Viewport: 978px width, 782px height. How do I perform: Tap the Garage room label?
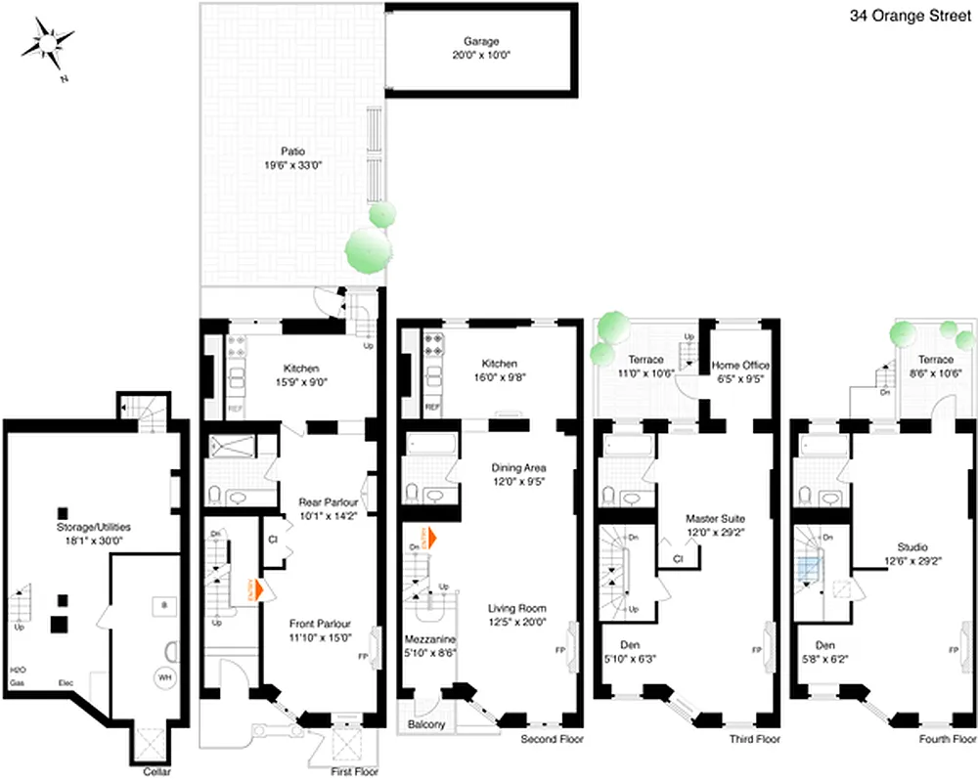(x=481, y=42)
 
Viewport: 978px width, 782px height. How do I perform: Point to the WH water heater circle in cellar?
(x=163, y=676)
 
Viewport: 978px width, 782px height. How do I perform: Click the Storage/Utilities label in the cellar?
(x=93, y=526)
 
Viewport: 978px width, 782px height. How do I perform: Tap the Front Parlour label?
(x=320, y=624)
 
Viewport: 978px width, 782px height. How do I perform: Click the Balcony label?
(x=427, y=724)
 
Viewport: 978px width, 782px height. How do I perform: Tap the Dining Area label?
(x=517, y=467)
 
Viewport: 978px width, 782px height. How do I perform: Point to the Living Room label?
(x=517, y=607)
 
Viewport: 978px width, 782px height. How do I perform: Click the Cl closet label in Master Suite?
(x=677, y=559)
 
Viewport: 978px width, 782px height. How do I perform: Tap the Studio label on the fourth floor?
(x=911, y=547)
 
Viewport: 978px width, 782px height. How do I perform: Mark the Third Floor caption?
(x=755, y=740)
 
